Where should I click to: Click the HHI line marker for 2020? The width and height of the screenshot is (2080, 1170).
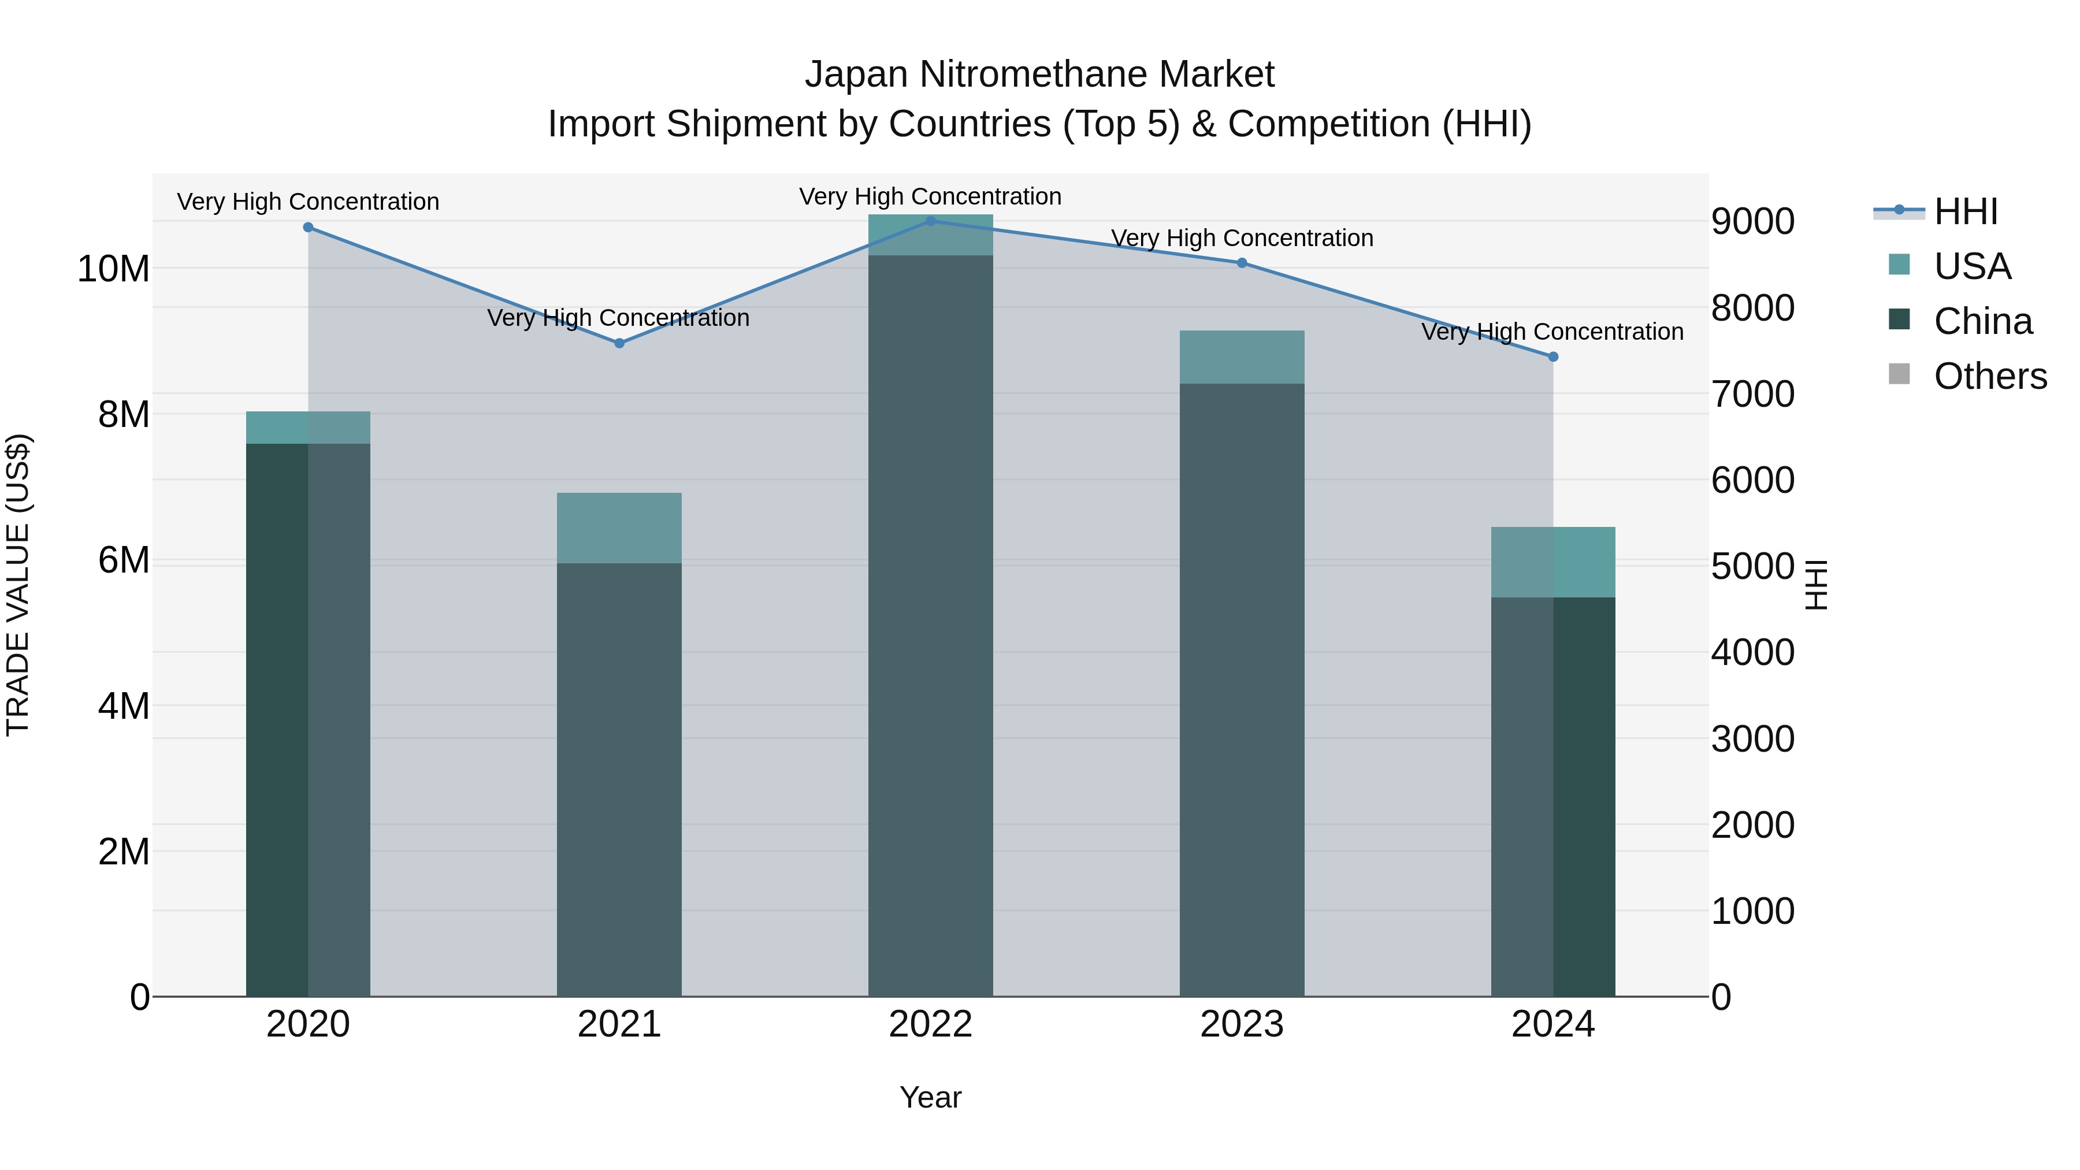coord(307,228)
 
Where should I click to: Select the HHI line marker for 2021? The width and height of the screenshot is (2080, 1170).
coord(619,343)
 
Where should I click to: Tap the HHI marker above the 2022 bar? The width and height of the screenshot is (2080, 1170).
coord(930,221)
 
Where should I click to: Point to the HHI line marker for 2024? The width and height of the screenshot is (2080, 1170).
coord(1552,357)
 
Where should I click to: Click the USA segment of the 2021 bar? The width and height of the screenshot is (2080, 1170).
coord(619,528)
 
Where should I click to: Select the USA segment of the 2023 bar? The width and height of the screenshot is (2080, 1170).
coord(1242,357)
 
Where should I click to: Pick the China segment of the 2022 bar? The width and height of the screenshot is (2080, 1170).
coord(930,626)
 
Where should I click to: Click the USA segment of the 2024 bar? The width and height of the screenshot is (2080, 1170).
coord(1552,562)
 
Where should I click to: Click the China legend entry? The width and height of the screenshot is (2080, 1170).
coord(1982,321)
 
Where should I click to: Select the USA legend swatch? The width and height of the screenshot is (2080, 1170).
coord(1899,265)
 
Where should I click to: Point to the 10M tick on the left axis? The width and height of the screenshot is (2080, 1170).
coord(113,269)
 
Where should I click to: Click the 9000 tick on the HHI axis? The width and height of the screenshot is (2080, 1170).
coord(1752,222)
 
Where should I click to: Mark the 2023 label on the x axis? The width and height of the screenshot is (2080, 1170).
coord(1242,1024)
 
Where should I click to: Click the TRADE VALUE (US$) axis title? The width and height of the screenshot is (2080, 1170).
coord(18,585)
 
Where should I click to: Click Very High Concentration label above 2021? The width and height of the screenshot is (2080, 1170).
coord(618,318)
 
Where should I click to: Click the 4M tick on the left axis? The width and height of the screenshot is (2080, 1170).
coord(124,707)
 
